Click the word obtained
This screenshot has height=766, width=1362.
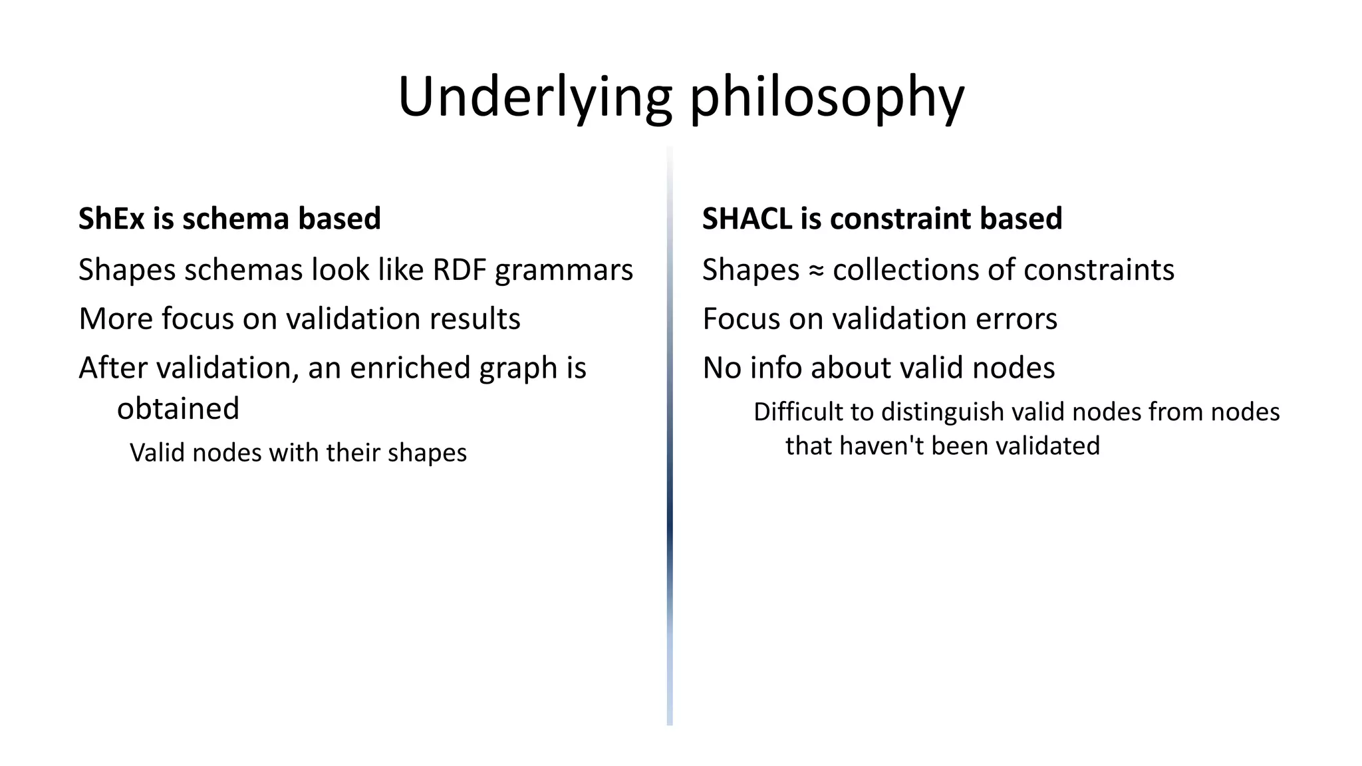click(x=178, y=408)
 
